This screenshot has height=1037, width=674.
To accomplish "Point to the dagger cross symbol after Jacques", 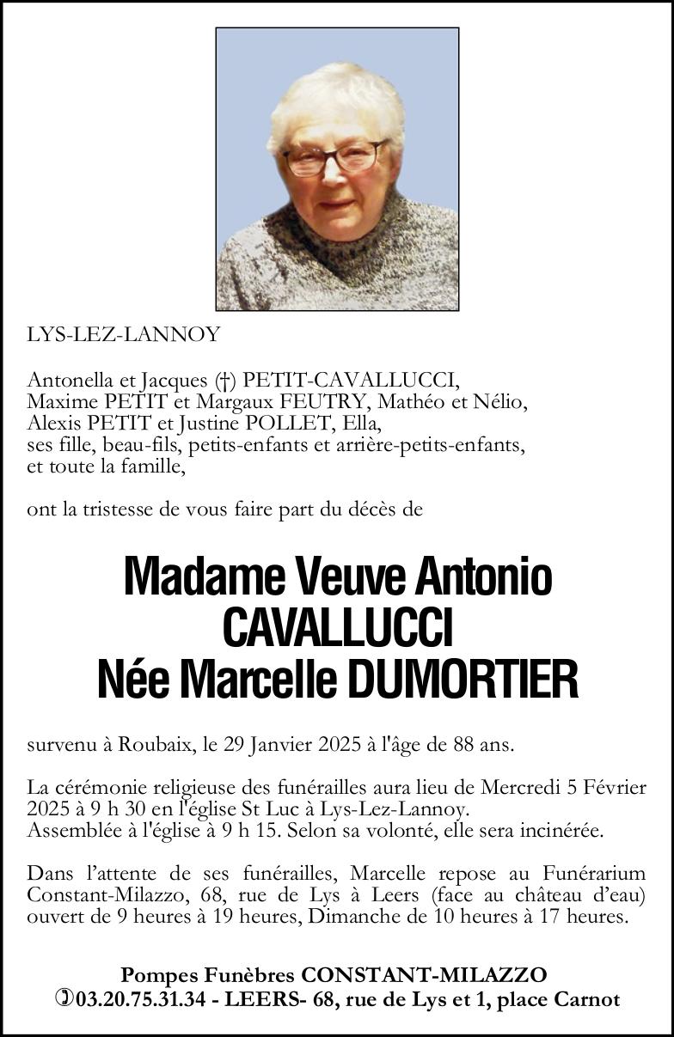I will coord(225,380).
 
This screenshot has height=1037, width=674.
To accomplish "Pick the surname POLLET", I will coord(292,424).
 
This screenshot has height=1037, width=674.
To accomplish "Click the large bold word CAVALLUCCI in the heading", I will coord(337,628).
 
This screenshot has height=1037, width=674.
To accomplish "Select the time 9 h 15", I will coord(283,831).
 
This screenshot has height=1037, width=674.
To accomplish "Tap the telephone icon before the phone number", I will coord(64,999).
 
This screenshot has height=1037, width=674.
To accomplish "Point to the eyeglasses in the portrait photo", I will coord(335,158).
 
